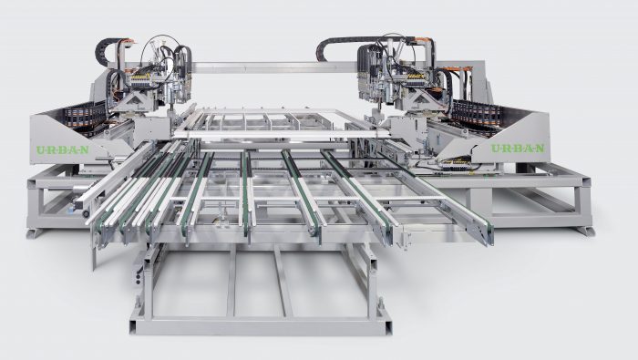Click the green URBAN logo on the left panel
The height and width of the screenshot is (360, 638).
(x=63, y=149)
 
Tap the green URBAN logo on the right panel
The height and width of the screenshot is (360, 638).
(x=518, y=149)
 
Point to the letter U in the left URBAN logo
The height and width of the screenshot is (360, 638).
(x=40, y=150)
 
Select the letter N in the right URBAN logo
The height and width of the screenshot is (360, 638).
(x=540, y=149)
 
